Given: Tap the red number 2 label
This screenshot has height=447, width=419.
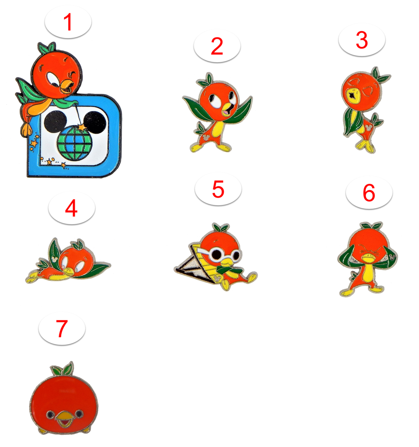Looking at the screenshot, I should (x=217, y=46).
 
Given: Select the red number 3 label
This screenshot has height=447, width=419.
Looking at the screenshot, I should (x=361, y=40).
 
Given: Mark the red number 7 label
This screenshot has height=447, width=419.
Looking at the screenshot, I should (x=62, y=329).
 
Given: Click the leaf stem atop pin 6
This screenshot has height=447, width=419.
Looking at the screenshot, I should (x=371, y=226).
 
